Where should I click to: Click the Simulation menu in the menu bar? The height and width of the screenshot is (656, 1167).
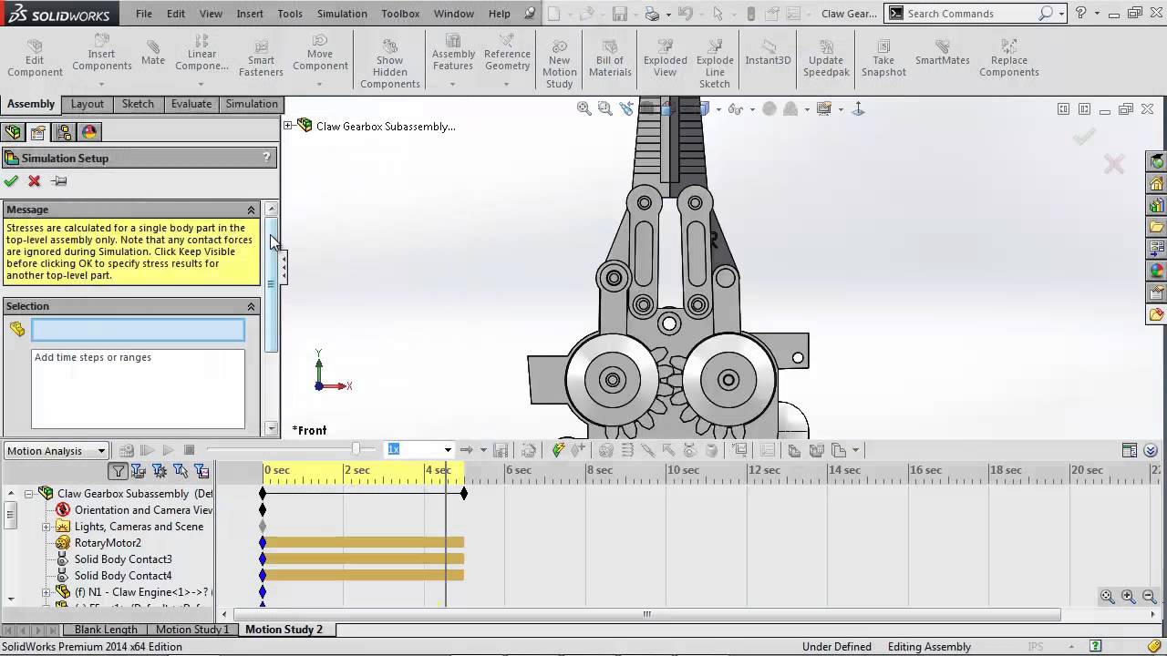coord(342,14)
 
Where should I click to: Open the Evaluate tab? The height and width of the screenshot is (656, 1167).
coord(191,104)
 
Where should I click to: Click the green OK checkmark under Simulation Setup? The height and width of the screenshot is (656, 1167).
coord(12,181)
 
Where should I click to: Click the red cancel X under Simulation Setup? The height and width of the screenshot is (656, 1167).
coord(35,181)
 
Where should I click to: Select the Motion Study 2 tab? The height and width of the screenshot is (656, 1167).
coord(284,630)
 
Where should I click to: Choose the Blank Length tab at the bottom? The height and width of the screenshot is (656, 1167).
coord(106,630)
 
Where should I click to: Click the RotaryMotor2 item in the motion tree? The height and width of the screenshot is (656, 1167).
coord(108,543)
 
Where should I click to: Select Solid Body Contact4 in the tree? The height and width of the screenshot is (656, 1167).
coord(122,576)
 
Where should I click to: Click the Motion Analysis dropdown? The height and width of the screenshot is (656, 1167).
coord(57,451)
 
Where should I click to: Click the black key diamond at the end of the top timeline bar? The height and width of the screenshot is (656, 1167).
coord(464,494)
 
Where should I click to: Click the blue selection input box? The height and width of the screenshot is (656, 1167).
coord(138,330)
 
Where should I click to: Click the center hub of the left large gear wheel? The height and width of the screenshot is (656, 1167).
coord(613,380)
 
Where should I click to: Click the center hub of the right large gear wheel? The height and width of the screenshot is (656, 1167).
coord(728,380)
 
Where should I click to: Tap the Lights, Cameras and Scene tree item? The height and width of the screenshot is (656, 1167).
coord(139,527)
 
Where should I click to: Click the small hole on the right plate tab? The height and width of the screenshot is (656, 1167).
coord(798,358)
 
